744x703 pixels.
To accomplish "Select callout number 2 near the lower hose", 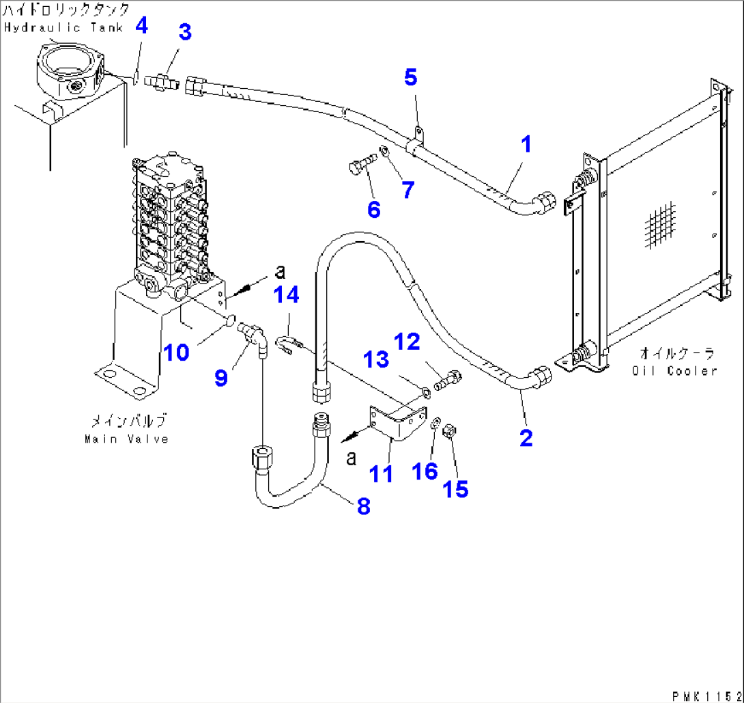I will click(525, 438).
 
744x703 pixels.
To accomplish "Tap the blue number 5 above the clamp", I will click(410, 77).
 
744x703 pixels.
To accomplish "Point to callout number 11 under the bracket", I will click(381, 473).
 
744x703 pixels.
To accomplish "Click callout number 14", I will click(287, 296).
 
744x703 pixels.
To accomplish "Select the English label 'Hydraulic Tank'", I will click(63, 27).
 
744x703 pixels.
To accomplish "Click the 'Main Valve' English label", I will click(126, 439).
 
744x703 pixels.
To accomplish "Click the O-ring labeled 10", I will click(230, 318).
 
